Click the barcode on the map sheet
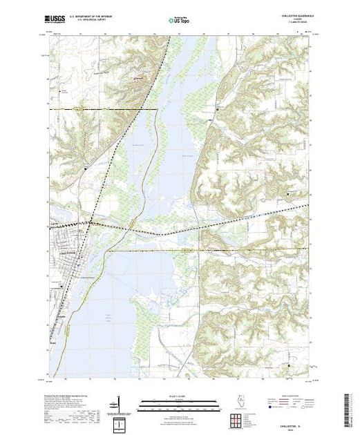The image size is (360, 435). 346,402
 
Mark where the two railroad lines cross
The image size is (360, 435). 89,222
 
